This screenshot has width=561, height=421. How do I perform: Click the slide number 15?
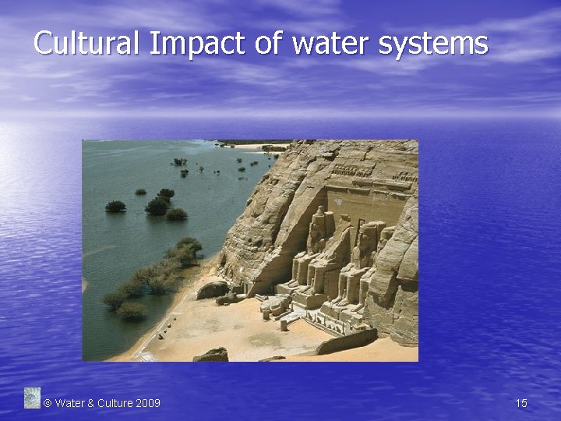521,403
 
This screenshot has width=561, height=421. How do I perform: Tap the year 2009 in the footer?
148,403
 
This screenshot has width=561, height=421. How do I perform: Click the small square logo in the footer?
32,398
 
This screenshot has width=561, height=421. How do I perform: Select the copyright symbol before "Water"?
47,403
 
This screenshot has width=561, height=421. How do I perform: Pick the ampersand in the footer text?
90,403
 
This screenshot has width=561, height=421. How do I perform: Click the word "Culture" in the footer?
115,403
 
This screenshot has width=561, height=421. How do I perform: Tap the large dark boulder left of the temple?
212,290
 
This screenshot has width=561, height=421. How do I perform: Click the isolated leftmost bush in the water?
115,207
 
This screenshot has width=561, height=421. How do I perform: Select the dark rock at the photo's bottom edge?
211,355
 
